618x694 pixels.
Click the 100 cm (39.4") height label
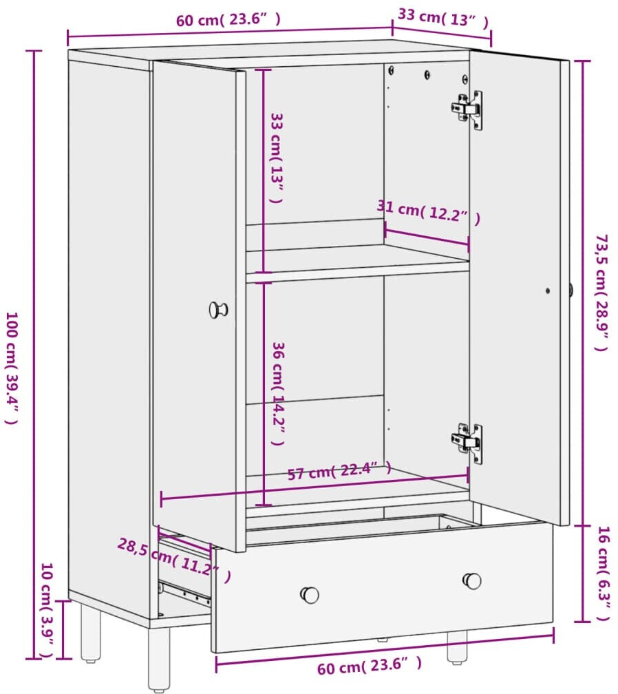pos(12,368)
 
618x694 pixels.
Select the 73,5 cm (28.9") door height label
pos(601,293)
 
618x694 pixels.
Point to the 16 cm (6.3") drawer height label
pos(604,573)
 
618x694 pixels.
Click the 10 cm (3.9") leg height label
pos(47,610)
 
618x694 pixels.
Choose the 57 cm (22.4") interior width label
pos(339,471)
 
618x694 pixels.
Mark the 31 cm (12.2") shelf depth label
pos(428,212)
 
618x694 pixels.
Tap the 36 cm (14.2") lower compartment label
pos(278,394)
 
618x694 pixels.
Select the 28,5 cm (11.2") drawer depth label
pos(174,560)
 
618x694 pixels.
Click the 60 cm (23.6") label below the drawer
pos(370,666)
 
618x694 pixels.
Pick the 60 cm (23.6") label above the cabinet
pos(228,20)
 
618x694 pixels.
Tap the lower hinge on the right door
pos(467,443)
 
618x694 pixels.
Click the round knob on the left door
pos(219,310)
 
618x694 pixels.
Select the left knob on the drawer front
pos(310,595)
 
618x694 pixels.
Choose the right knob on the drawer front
pos(472,581)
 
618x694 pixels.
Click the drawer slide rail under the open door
pos(185,593)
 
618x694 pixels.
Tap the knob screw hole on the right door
pos(548,291)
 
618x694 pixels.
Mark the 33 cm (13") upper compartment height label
pos(277,158)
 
